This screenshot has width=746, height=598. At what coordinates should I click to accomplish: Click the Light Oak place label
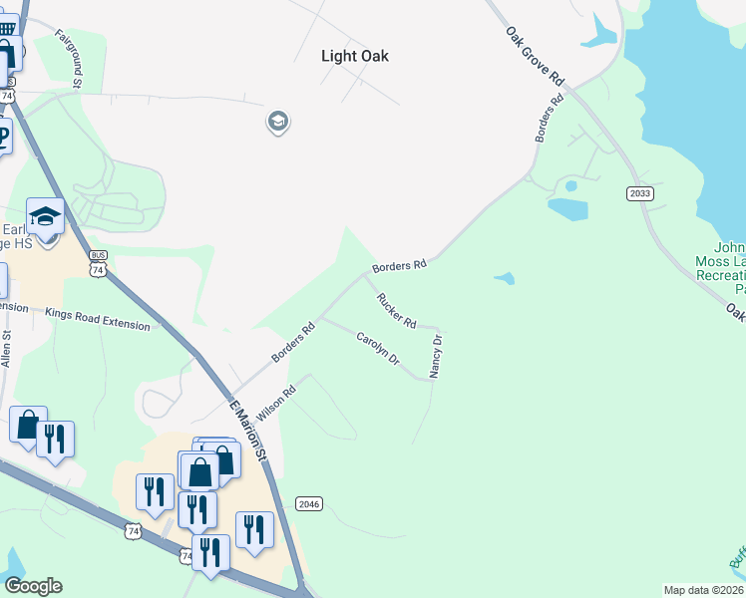[x=355, y=57]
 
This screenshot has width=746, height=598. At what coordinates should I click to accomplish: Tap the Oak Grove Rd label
[x=535, y=54]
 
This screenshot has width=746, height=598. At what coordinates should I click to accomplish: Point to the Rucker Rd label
[x=395, y=309]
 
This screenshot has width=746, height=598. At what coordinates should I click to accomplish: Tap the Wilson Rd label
[x=276, y=402]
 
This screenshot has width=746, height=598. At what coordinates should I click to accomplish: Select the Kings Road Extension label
[x=98, y=319]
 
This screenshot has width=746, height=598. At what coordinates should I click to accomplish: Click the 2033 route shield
[x=640, y=193]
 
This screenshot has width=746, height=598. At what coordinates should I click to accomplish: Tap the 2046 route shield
[x=310, y=505]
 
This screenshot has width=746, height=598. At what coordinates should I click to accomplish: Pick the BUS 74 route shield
[x=97, y=263]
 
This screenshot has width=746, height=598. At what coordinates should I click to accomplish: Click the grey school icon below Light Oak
[x=277, y=123]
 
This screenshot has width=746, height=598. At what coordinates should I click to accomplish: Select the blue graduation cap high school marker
[x=46, y=216]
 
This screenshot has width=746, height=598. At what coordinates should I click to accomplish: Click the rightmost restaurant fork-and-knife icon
[x=255, y=529]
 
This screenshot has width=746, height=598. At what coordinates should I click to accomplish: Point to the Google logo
[x=33, y=586]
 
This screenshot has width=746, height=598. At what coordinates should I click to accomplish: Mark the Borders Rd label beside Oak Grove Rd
[x=549, y=118]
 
